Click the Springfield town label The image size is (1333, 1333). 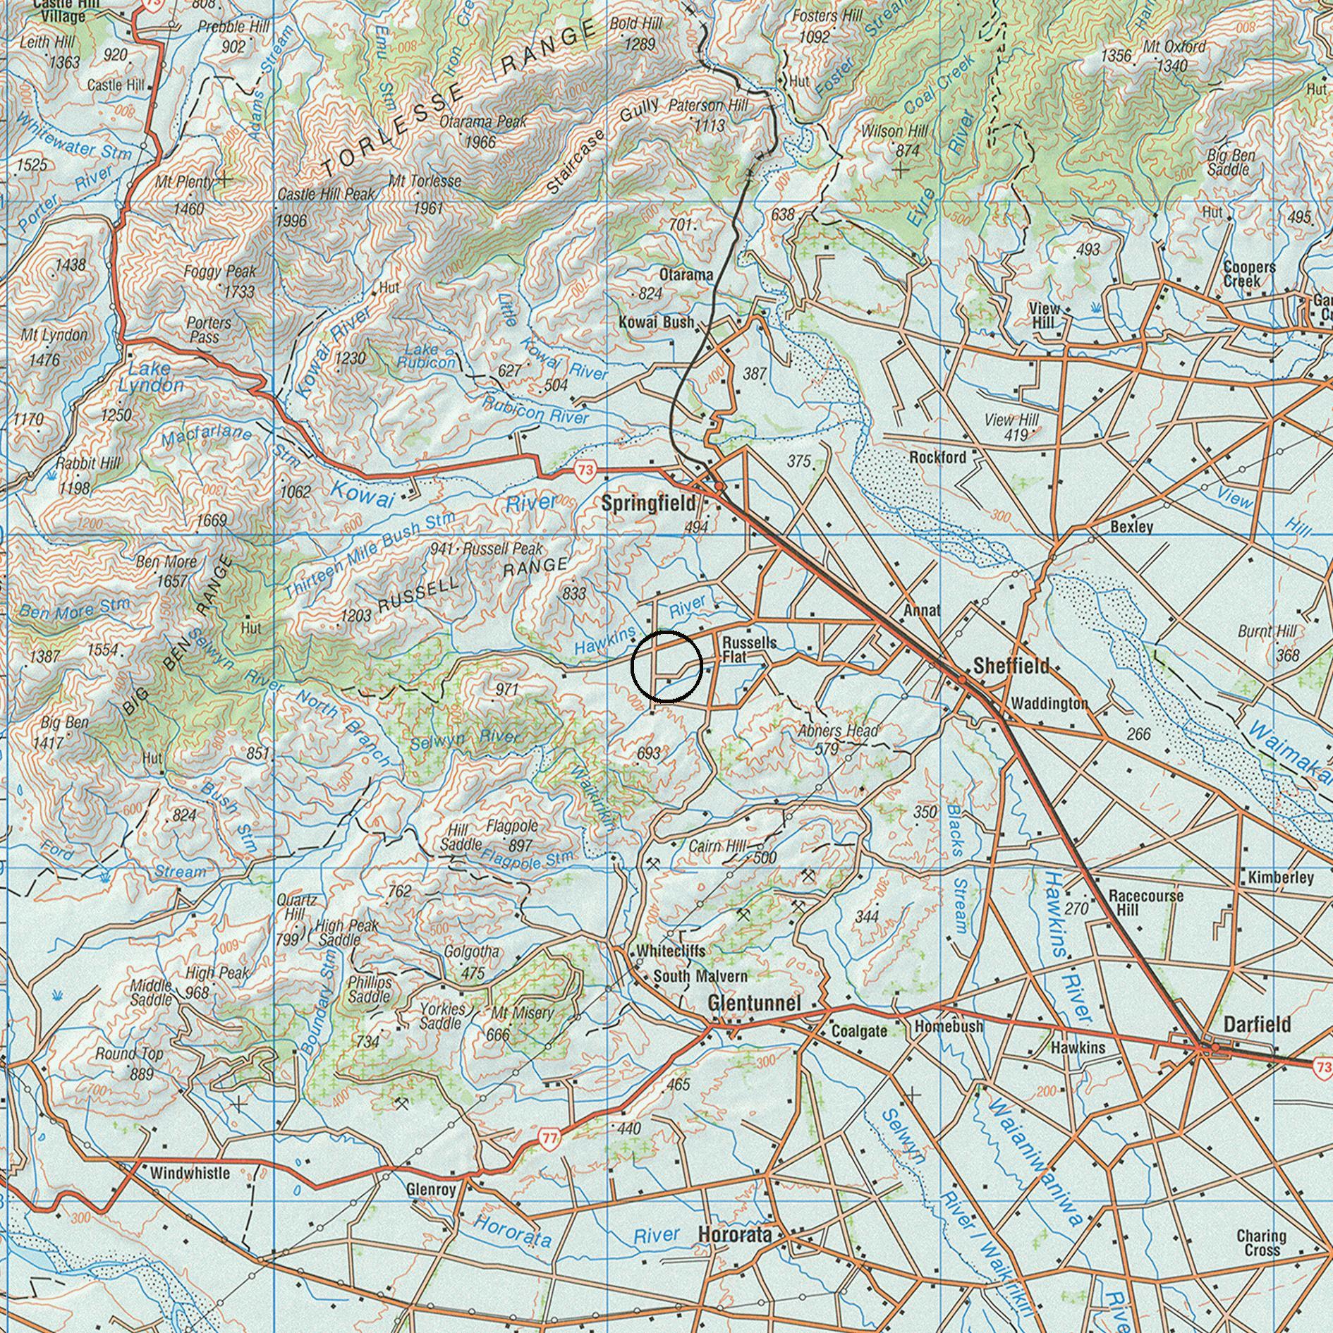[648, 504]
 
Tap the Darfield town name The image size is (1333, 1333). [1257, 1024]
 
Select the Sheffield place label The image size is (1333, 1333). [1011, 665]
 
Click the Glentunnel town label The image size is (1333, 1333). [754, 1003]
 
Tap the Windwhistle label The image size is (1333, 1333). [190, 1173]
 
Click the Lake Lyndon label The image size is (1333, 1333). [150, 377]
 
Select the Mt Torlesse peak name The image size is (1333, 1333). [425, 181]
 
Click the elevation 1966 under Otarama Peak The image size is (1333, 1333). [480, 142]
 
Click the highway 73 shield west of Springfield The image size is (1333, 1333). [585, 470]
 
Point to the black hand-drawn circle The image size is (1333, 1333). [666, 666]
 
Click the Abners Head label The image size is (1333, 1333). [838, 731]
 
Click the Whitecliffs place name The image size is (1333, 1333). [670, 951]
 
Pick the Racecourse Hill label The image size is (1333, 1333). [1145, 902]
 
